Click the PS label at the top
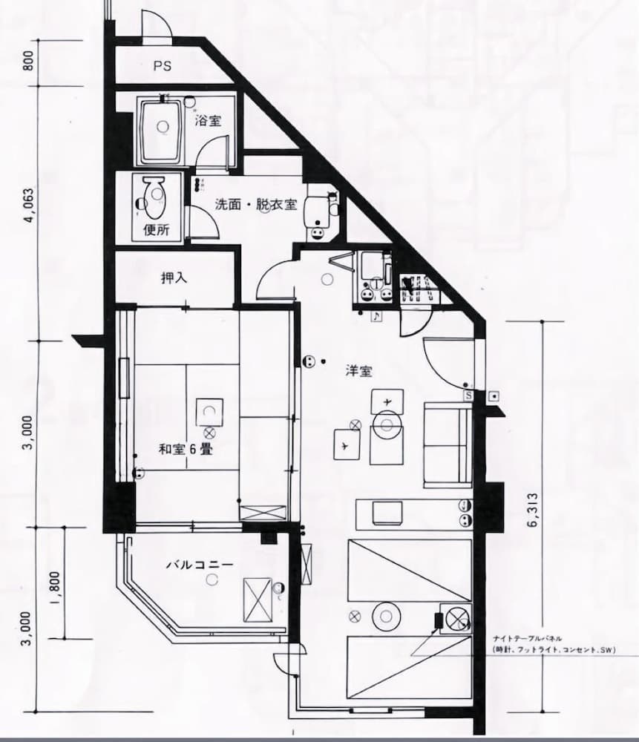point(163,66)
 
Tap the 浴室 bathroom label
point(208,120)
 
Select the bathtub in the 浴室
point(160,132)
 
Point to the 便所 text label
point(156,229)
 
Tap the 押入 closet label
point(174,278)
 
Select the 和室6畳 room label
point(180,449)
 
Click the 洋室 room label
point(358,371)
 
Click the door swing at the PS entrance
point(157,26)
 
